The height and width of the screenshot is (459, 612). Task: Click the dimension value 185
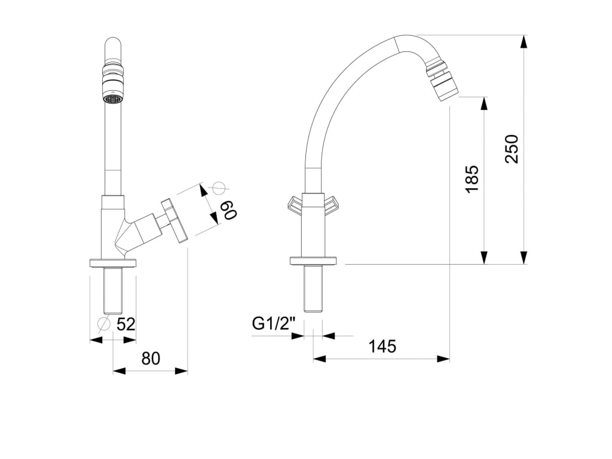(x=472, y=179)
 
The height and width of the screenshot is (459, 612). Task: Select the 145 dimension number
(x=382, y=347)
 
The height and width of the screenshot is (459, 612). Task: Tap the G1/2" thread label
(x=274, y=324)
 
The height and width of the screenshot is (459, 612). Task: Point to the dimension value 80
(x=151, y=359)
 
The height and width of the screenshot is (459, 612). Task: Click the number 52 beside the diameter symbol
(x=126, y=325)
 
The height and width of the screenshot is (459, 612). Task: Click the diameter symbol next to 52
(x=103, y=324)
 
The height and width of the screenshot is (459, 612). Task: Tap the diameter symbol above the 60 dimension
(x=218, y=188)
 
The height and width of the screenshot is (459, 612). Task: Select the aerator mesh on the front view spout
(x=112, y=99)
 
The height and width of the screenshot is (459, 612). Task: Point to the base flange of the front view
(x=112, y=262)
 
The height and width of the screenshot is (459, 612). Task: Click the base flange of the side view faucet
(x=313, y=261)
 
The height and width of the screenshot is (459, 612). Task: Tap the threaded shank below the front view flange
(x=112, y=291)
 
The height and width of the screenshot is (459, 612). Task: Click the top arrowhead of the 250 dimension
(x=524, y=41)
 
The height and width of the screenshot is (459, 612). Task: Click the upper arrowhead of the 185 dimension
(x=484, y=103)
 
